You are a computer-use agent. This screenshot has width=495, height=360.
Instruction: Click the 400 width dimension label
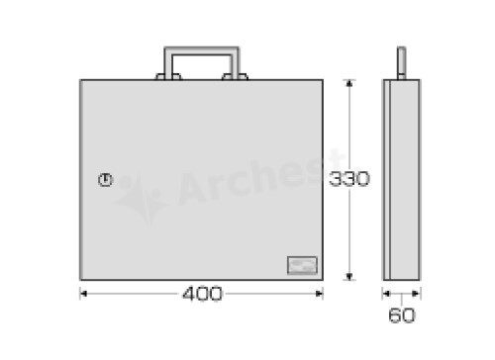[x=202, y=294]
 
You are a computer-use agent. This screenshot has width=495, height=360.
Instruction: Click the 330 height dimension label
[x=349, y=179]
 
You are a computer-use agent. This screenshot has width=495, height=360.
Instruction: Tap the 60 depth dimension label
[x=402, y=315]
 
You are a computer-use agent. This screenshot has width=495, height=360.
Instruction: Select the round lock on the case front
[x=106, y=180]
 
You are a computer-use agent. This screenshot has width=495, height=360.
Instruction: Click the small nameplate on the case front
[x=302, y=265]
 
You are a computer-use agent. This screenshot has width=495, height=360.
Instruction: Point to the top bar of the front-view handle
[x=202, y=50]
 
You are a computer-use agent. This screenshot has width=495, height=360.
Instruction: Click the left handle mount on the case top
[x=168, y=77]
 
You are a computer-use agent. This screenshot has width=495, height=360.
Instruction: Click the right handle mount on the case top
[x=236, y=77]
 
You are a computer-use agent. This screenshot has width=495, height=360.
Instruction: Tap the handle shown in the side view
[x=401, y=63]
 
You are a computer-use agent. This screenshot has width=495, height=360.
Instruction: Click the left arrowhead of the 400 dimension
[x=83, y=294]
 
